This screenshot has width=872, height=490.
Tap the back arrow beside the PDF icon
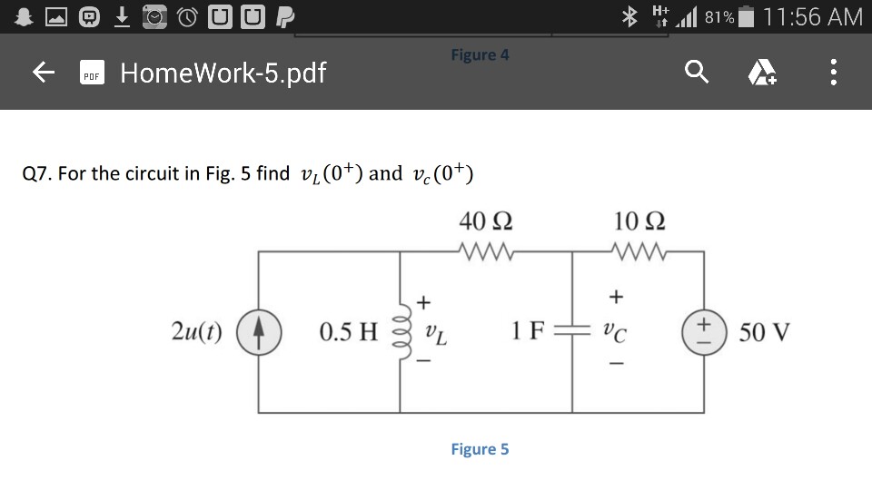[x=44, y=73]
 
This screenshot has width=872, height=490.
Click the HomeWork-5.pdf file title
[x=223, y=73]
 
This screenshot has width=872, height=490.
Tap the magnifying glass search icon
[x=697, y=72]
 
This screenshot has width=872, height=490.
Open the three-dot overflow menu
[x=833, y=73]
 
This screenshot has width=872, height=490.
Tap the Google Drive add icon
[x=762, y=73]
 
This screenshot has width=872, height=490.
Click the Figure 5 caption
[x=480, y=449]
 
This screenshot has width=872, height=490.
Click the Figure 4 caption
[x=480, y=55]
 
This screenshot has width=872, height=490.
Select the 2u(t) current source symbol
[x=259, y=332]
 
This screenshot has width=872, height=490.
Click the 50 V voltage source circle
[x=704, y=332]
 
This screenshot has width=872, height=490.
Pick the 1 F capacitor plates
[x=572, y=331]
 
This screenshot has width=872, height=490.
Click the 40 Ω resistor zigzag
[x=486, y=251]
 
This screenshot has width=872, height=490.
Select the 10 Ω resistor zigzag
[x=639, y=251]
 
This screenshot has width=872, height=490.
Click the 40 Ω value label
[x=485, y=221]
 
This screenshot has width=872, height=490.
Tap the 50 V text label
[x=764, y=332]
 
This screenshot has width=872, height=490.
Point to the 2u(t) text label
[x=197, y=332]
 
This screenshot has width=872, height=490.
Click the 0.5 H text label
[x=348, y=332]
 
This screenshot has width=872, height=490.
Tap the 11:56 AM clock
[x=812, y=16]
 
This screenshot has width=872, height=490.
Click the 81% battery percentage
[x=719, y=18]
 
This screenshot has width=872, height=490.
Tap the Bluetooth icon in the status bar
[x=629, y=16]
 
